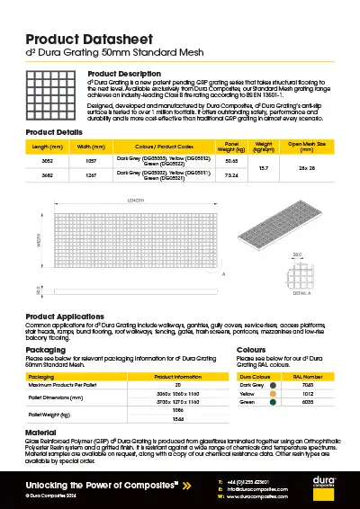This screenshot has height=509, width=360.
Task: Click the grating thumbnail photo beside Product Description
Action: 53,97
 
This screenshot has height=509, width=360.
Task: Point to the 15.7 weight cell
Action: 264,168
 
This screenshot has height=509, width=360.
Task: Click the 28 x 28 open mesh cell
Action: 306,168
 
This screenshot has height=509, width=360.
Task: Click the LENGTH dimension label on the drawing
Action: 135,201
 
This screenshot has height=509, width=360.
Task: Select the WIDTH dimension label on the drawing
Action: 38,240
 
